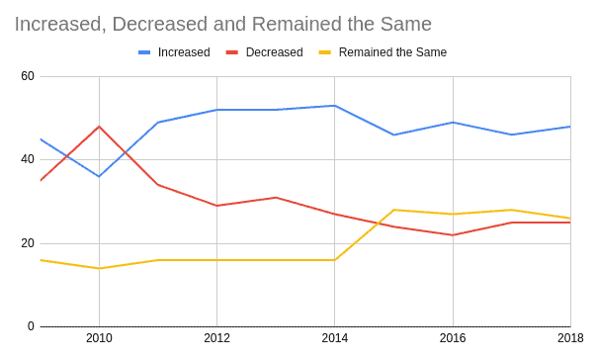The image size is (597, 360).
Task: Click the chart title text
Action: [x=222, y=22]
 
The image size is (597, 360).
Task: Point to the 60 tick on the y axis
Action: [x=28, y=76]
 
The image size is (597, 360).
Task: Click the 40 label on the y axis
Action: [x=28, y=159]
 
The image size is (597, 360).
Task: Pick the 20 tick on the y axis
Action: [x=28, y=243]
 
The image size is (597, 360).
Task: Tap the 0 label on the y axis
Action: [x=31, y=326]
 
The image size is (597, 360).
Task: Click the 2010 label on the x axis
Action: [x=99, y=339]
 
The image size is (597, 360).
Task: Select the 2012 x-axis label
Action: [x=216, y=339]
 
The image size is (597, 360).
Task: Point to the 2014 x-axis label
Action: [x=334, y=339]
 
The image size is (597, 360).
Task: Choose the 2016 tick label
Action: [x=453, y=339]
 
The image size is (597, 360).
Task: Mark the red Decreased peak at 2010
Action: [x=99, y=127]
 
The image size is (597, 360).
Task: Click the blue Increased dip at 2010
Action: [x=99, y=176]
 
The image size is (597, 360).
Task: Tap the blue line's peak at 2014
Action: [x=334, y=106]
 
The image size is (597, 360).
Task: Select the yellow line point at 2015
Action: [x=393, y=210]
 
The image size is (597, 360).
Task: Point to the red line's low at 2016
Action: [x=453, y=234]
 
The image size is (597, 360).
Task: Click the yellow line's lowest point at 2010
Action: [x=99, y=268]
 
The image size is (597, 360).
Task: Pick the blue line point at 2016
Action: [x=453, y=123]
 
